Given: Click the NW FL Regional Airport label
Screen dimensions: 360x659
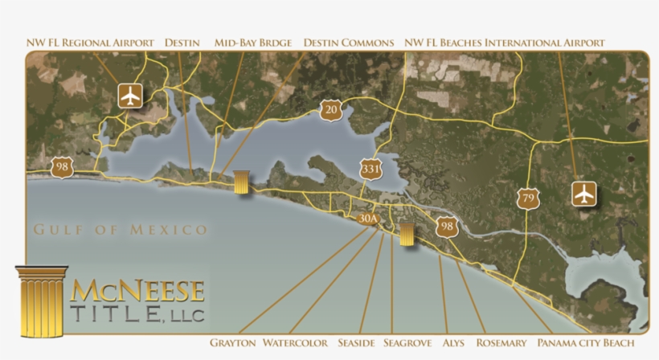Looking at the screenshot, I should [x=89, y=43].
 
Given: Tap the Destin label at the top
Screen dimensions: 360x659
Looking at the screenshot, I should [x=182, y=43].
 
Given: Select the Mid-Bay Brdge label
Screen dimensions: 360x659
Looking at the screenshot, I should [x=252, y=43].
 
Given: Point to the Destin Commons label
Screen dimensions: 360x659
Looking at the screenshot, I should [x=349, y=43].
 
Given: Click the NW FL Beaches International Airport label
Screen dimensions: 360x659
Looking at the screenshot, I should [x=505, y=43].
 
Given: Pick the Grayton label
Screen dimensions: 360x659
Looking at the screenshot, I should [x=232, y=343].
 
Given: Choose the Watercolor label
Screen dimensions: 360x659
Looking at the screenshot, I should [x=295, y=343].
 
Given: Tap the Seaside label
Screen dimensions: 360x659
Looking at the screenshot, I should [x=356, y=343].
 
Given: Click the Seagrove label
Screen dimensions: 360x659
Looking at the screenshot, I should [x=407, y=343].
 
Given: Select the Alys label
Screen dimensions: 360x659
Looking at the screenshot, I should [x=453, y=343].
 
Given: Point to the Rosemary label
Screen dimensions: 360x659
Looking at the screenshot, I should [x=501, y=343].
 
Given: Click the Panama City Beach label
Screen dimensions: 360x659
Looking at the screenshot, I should [x=591, y=343].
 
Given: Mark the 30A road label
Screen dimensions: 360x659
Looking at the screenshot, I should [x=368, y=218].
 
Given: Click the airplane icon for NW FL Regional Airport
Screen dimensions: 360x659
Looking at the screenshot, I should [x=130, y=95].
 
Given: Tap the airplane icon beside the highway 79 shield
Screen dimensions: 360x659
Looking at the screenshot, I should [x=583, y=194].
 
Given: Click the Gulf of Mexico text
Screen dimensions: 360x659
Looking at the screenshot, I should [x=121, y=231].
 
